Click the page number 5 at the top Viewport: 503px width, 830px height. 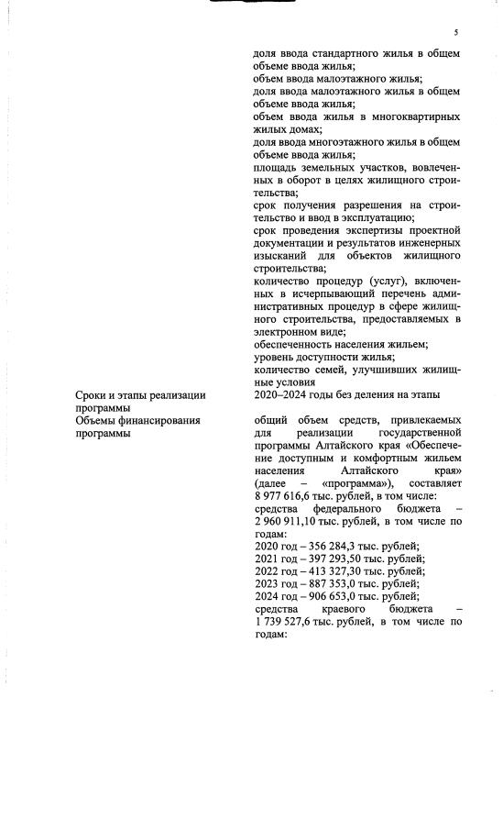point(455,32)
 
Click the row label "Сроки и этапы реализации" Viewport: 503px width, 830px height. point(140,395)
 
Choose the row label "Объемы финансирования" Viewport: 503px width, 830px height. point(137,421)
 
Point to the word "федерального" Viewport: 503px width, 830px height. point(358,507)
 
